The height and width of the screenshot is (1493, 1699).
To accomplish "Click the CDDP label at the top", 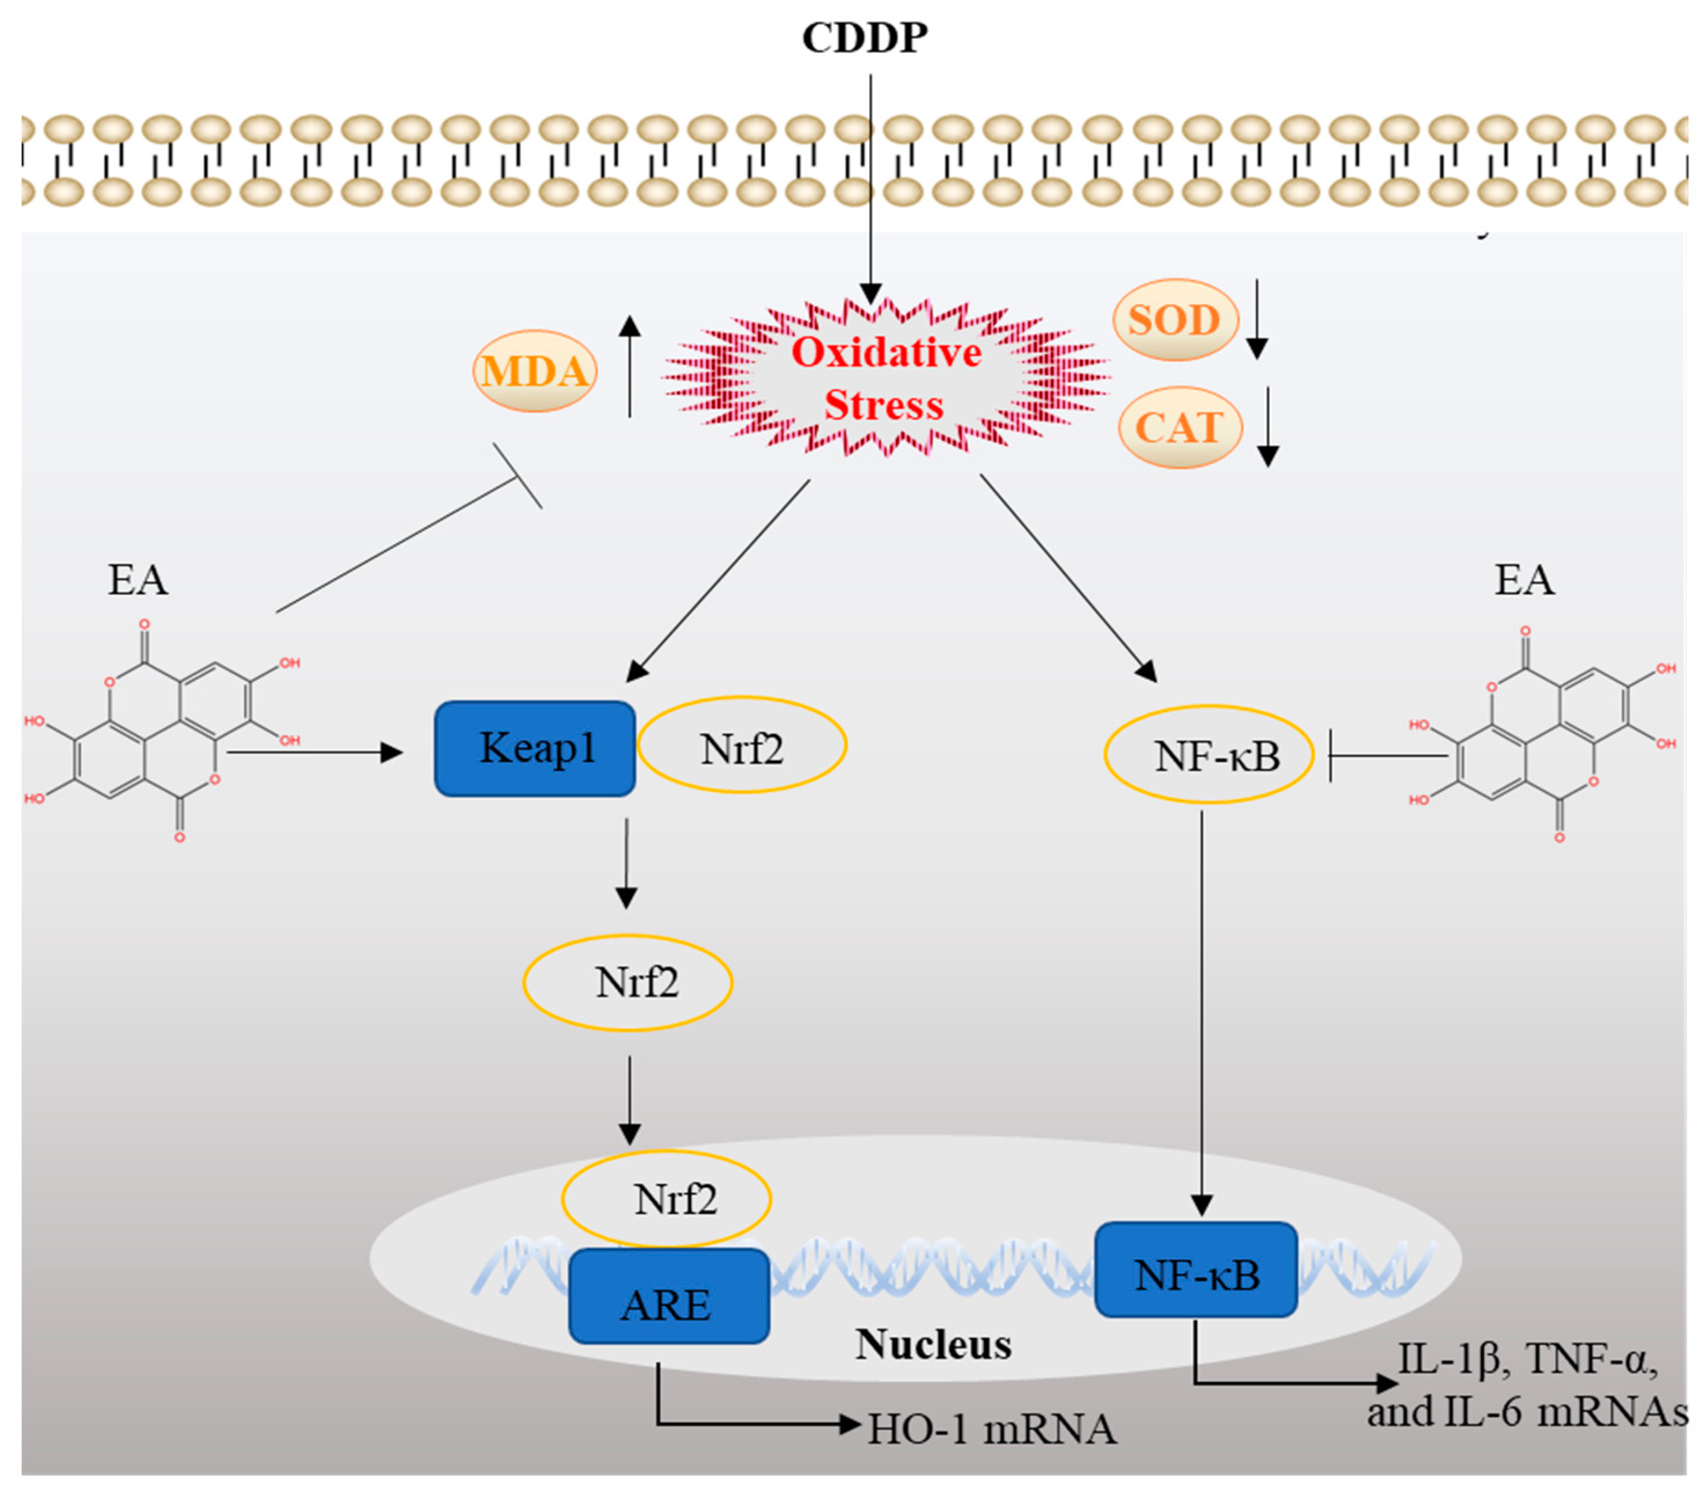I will coord(864,38).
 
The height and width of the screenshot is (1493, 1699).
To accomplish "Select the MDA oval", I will coord(534,371).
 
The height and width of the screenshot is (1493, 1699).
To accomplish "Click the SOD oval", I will coord(1175,319).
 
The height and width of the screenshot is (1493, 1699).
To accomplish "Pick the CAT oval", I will coord(1180,427).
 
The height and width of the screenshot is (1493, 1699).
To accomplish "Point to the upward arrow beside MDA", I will coord(630,366).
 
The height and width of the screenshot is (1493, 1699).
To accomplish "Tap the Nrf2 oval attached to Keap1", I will coord(742,746).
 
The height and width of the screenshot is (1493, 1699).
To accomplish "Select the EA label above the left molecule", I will coord(138,579).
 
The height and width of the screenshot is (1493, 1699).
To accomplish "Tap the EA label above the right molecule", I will coord(1524,579).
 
